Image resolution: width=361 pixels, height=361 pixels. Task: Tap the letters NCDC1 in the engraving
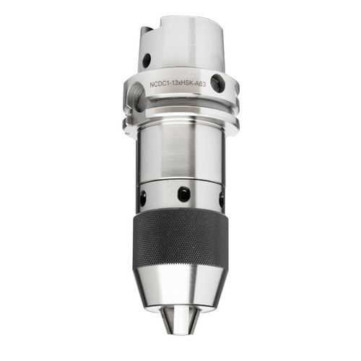click(x=160, y=84)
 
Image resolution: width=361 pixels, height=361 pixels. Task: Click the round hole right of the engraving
click(x=218, y=84)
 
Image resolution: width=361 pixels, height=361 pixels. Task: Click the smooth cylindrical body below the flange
click(x=180, y=152)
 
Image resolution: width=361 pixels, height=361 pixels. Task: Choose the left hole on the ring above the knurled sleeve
click(x=143, y=196)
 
